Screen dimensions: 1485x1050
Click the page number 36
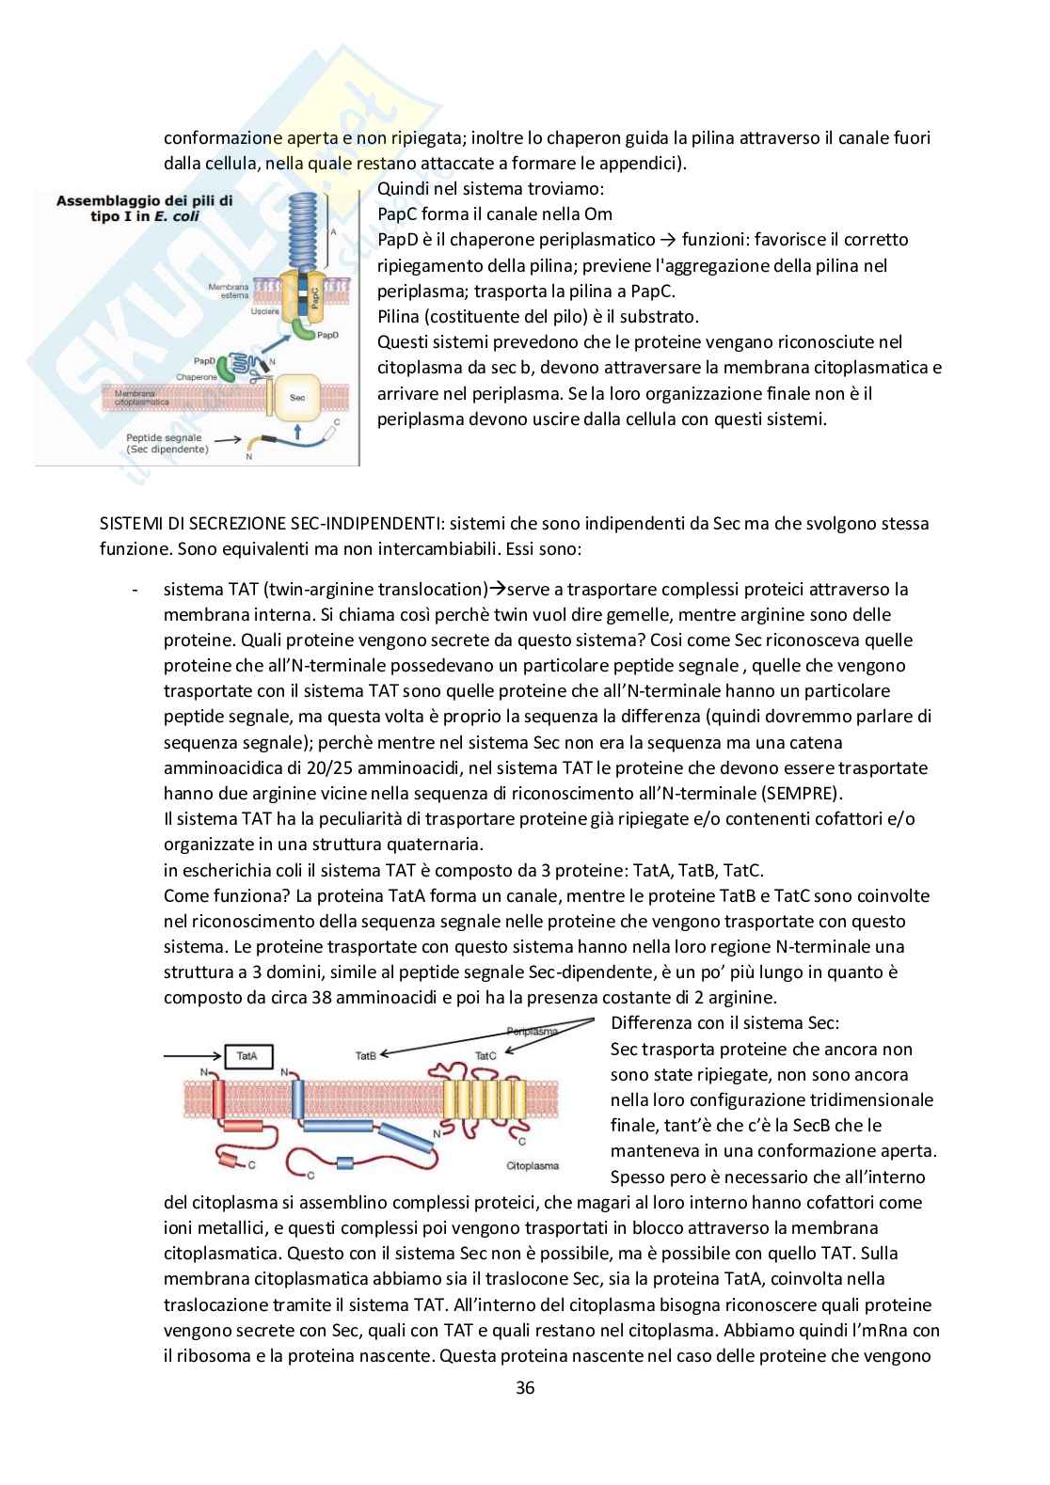(x=525, y=1387)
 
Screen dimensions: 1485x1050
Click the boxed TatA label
(x=247, y=1056)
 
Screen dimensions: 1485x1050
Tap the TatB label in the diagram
(x=366, y=1055)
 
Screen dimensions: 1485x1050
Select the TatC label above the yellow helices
(x=485, y=1055)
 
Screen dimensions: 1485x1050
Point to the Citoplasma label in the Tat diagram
(x=533, y=1165)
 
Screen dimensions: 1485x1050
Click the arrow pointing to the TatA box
(x=192, y=1056)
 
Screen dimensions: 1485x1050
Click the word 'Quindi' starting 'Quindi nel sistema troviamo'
(x=401, y=188)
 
